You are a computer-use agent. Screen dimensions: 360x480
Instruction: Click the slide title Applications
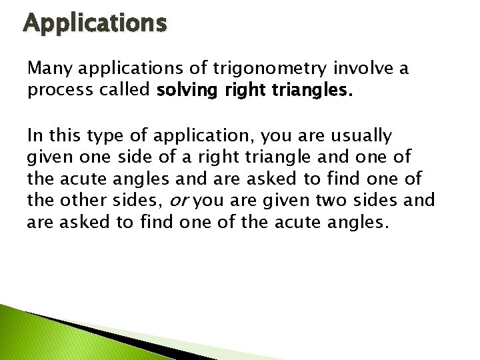pos(95,24)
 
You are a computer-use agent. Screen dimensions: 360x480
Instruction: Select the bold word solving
pos(182,91)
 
